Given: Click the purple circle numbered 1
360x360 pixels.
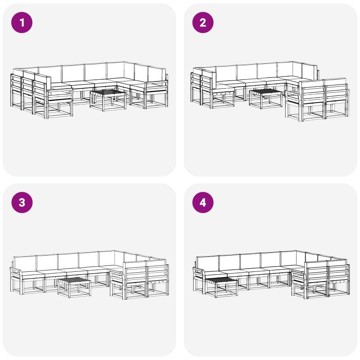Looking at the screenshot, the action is [22, 22].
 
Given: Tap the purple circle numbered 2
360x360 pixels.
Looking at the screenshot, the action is [203, 22].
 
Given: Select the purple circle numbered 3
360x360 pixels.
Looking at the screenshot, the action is [22, 202].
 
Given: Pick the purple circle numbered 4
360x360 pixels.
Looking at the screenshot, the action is [203, 202].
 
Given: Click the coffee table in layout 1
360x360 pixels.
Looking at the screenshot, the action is [108, 100].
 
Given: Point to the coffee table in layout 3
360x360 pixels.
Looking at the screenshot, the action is [74, 287].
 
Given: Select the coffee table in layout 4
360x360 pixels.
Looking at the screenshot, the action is [221, 287].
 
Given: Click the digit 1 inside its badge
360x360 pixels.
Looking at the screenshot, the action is [22, 23].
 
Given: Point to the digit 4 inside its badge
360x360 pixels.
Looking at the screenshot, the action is [203, 203].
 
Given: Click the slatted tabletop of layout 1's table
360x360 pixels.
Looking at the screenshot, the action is [108, 92].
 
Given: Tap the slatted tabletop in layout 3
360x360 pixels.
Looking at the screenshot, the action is [74, 280].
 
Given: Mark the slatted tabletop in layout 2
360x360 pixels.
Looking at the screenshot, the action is [265, 91].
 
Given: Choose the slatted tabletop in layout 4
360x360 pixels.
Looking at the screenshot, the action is [221, 279].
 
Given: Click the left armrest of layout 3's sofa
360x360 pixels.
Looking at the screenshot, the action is [16, 270].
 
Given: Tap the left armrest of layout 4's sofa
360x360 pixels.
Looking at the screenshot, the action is [198, 270].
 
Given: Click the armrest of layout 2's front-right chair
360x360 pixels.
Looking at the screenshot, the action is [293, 94].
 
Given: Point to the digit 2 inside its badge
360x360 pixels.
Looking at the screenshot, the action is [203, 23].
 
